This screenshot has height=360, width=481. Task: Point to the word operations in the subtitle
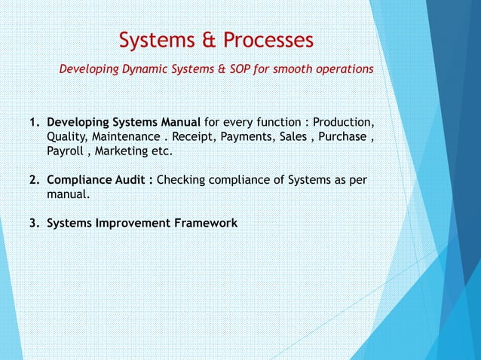[341, 69]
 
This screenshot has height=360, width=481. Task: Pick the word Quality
[66, 137]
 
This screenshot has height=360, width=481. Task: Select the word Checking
[180, 181]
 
